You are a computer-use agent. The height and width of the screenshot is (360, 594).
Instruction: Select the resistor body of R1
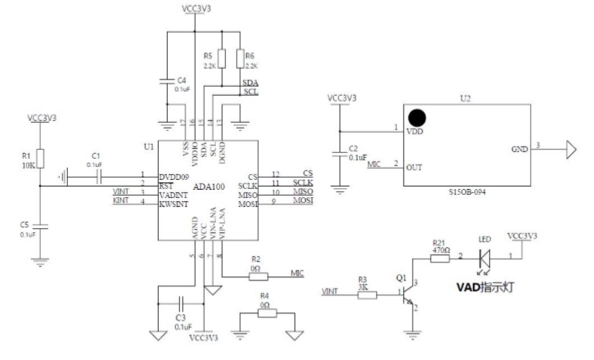[40, 160]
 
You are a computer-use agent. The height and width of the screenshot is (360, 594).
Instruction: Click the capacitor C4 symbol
[168, 79]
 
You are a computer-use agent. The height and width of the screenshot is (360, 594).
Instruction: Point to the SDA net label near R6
[250, 83]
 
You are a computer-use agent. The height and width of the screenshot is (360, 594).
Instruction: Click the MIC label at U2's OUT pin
[374, 164]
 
